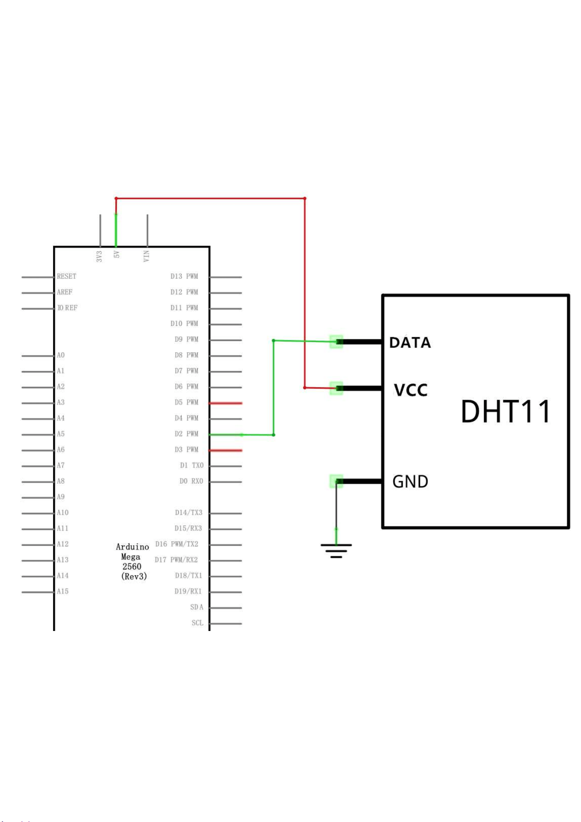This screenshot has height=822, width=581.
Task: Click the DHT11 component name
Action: click(x=506, y=411)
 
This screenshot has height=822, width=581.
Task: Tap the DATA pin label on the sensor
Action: click(x=410, y=342)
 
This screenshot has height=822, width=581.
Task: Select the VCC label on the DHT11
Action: click(x=411, y=390)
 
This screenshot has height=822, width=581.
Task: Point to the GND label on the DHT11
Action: click(x=410, y=482)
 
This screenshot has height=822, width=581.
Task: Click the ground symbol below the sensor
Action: click(x=336, y=551)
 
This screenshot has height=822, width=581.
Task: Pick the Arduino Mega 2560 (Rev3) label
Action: click(x=132, y=562)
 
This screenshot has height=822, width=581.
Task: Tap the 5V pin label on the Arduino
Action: click(x=116, y=255)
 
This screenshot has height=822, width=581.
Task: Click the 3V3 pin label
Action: click(x=99, y=256)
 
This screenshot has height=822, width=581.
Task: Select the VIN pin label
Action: click(x=146, y=256)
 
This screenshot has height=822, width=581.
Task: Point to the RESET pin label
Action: click(x=66, y=276)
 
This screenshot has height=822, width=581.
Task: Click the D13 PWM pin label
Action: click(x=184, y=276)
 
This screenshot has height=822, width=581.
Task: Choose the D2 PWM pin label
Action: click(x=186, y=434)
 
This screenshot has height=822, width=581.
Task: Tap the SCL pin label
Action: click(x=197, y=623)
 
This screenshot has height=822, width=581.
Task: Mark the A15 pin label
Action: click(x=62, y=591)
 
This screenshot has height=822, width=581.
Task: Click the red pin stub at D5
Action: click(x=226, y=403)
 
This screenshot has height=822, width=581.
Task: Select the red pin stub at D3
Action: click(x=226, y=451)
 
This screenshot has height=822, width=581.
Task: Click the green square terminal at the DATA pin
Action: click(x=336, y=342)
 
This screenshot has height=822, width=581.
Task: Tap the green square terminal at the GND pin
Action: click(x=336, y=481)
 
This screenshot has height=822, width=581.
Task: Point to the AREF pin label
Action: click(x=65, y=292)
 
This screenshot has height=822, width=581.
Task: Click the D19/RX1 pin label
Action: click(x=188, y=591)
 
